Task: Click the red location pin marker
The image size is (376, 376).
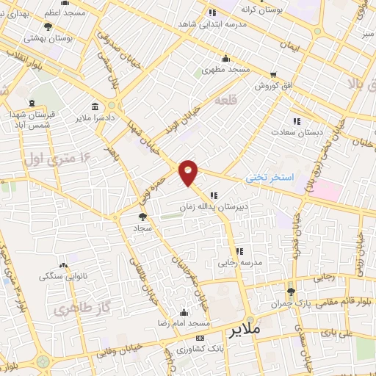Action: [x=189, y=173]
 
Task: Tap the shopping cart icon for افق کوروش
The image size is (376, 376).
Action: [x=273, y=75]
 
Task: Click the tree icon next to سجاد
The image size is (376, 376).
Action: [x=142, y=216]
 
